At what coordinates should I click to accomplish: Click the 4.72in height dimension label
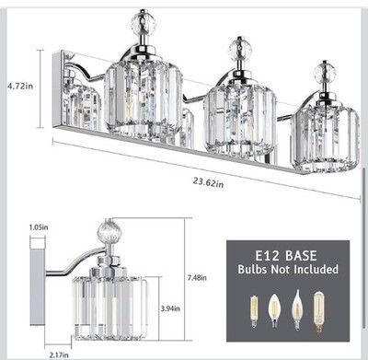[20, 86]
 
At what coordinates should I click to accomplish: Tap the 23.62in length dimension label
[208, 182]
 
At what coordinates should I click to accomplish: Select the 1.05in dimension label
[39, 227]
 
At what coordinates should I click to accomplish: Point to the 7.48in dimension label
[197, 278]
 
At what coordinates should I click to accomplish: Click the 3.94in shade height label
[170, 308]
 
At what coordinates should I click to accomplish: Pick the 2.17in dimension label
[59, 355]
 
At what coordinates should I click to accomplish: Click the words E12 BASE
[286, 255]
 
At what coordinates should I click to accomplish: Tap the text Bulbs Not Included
[288, 269]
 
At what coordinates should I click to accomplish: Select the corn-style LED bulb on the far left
[253, 311]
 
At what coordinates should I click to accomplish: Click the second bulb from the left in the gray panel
[273, 310]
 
